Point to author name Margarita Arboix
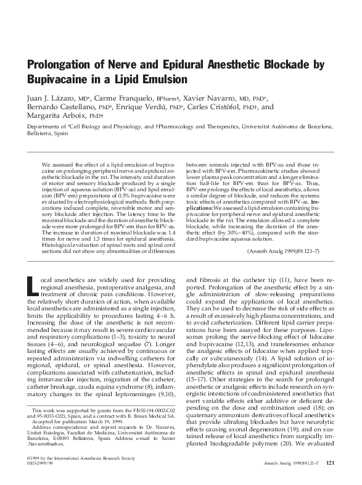(x=58, y=115)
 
